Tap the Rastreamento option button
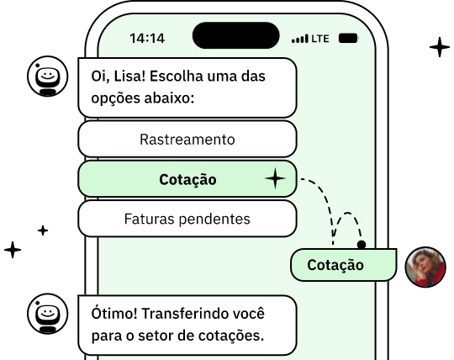tap(187, 139)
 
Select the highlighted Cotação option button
tap(187, 179)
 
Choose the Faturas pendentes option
tap(187, 219)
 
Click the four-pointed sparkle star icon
tap(275, 179)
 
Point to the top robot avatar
tap(48, 78)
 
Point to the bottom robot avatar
tap(48, 315)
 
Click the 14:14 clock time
tap(147, 38)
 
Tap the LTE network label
tap(320, 39)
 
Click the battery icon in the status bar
tap(346, 39)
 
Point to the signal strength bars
tap(299, 39)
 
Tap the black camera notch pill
tap(235, 35)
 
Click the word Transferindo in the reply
tap(184, 314)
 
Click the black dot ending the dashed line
tap(362, 245)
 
